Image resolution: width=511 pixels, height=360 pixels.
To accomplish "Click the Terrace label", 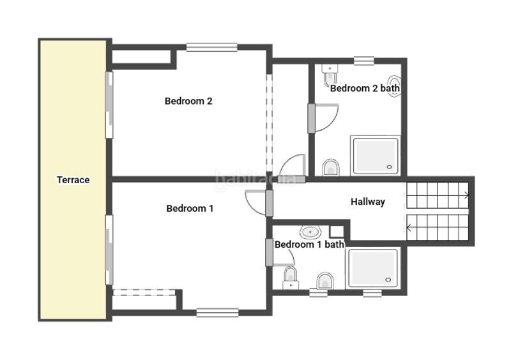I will coord(73,180).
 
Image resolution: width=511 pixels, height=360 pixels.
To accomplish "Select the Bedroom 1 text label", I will coord(190,209).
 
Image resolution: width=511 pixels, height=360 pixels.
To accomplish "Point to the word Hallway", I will coord(368,202).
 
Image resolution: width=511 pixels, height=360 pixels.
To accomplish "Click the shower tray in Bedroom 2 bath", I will coord(375,155).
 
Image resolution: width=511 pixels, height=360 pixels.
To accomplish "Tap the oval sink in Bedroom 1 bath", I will coord(310,232).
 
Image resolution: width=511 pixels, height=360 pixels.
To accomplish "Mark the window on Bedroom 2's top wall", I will coord(212,47).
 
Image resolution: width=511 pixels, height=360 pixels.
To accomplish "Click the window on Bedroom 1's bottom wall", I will coord(217,313).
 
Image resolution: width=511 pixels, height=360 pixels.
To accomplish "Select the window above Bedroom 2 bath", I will coord(363,61).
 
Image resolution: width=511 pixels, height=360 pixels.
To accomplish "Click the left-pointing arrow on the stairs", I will coord(408,227).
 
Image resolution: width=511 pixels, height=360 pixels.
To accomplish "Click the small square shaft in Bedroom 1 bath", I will coord(337,232).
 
